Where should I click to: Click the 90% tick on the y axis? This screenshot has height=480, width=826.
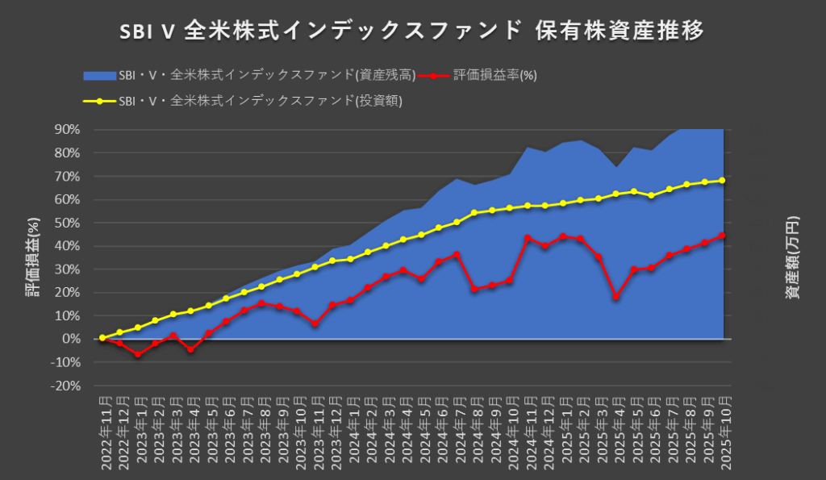(66, 129)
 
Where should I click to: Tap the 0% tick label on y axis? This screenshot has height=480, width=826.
(71, 339)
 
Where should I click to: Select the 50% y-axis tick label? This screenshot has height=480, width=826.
(66, 223)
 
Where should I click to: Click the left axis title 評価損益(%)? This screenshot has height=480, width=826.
(32, 257)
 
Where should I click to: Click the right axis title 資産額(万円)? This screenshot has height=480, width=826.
(794, 257)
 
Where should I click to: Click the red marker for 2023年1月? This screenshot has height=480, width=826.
(138, 354)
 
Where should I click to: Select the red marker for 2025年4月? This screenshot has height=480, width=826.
(616, 297)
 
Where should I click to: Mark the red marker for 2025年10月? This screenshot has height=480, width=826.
(723, 236)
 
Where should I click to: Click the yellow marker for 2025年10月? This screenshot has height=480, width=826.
(723, 181)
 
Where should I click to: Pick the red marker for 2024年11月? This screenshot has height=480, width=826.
(528, 238)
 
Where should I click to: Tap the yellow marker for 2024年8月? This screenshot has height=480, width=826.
(474, 213)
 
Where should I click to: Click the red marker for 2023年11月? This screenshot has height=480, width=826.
(315, 323)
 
